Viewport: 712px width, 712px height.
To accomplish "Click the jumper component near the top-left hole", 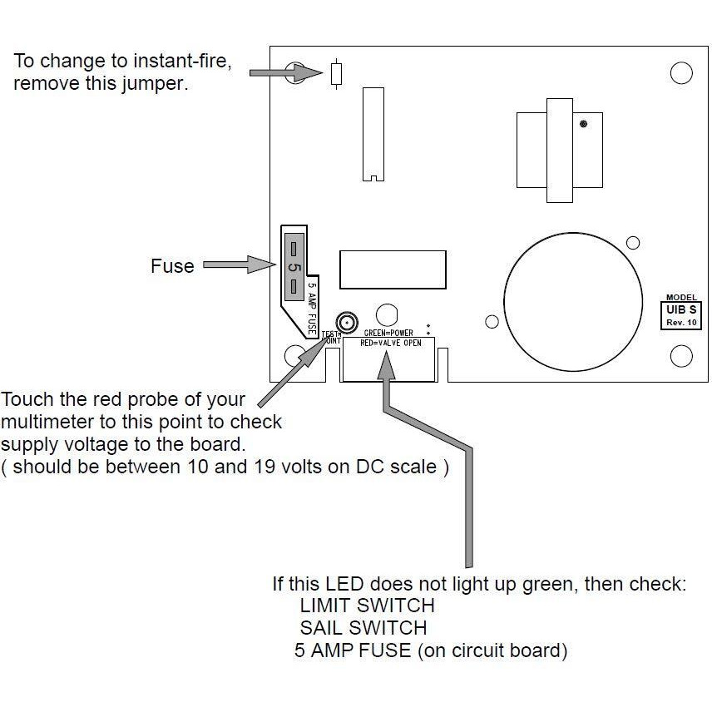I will (x=335, y=73).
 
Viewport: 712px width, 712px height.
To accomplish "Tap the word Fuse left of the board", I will (x=172, y=266).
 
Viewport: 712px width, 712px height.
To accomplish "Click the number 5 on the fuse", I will (x=294, y=268).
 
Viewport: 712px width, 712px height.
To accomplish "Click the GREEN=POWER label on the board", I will (x=388, y=334).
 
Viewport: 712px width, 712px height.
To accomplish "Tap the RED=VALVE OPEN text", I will (x=389, y=342).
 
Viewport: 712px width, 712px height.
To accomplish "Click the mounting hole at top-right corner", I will (x=680, y=73).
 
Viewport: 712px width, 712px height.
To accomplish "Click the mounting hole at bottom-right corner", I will (x=680, y=356).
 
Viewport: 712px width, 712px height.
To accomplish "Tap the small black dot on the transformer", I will (x=584, y=124).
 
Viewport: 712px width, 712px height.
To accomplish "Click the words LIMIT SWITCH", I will (x=367, y=605).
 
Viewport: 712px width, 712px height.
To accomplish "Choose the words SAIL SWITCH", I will (x=363, y=627).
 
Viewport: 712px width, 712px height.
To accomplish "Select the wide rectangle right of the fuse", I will (x=392, y=268).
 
